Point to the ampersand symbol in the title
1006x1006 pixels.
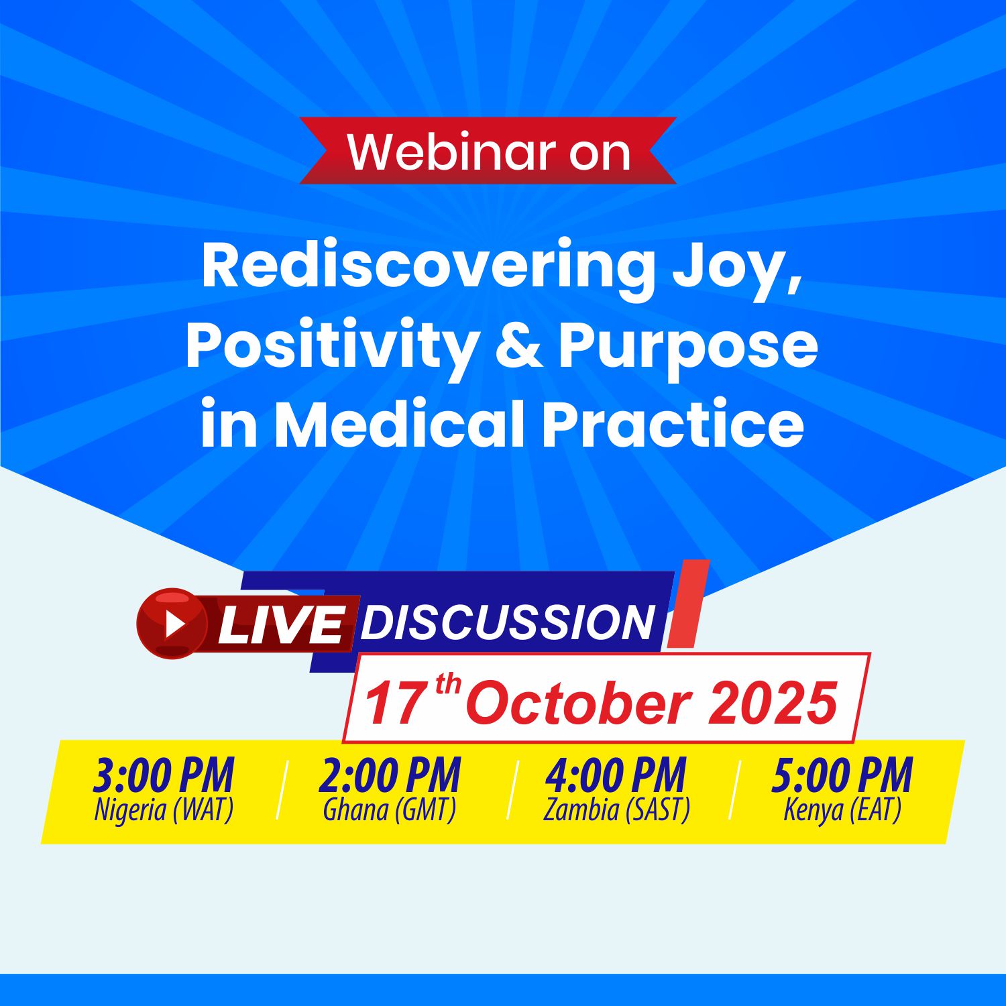(x=518, y=346)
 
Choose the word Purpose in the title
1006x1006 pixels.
(x=688, y=346)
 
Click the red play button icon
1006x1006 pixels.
(x=172, y=624)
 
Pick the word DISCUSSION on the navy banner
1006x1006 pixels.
(x=508, y=622)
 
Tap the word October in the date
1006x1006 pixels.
(x=578, y=704)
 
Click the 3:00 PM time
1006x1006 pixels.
(x=163, y=776)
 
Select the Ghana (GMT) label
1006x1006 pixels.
(x=390, y=809)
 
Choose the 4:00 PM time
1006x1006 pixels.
(x=616, y=776)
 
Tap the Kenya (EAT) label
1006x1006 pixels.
(x=842, y=809)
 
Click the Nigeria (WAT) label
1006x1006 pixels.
(x=164, y=809)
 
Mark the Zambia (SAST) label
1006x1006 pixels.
(x=616, y=809)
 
